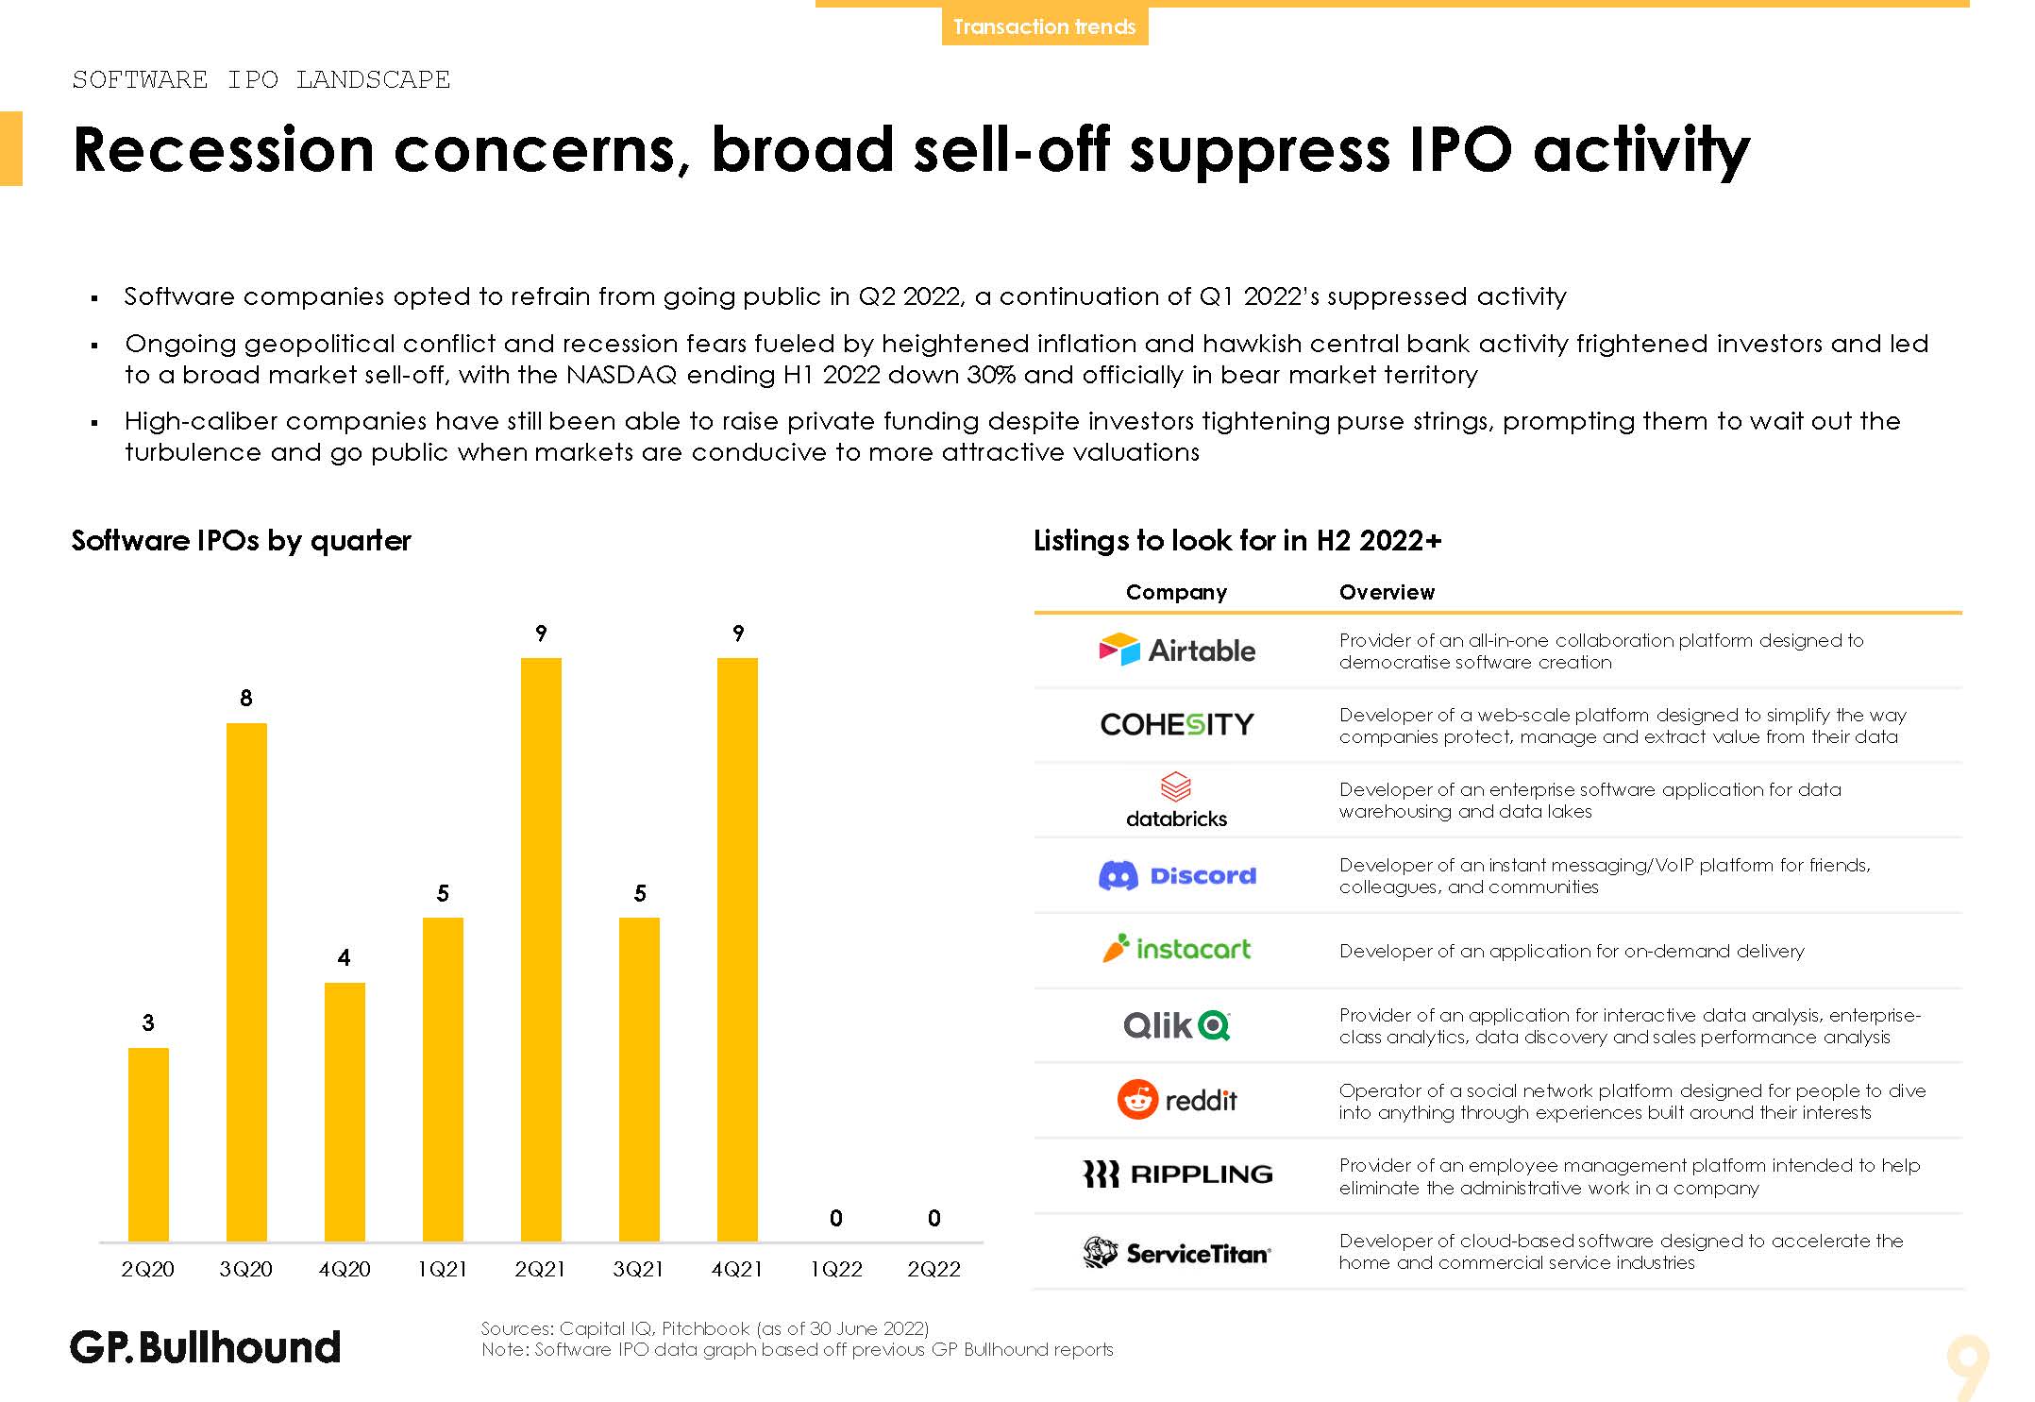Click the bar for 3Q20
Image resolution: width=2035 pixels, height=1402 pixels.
click(x=246, y=982)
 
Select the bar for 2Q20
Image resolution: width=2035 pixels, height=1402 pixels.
click(x=148, y=1144)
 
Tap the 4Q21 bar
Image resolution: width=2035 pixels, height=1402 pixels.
click(x=737, y=949)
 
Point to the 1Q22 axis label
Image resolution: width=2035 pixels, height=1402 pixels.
click(x=836, y=1269)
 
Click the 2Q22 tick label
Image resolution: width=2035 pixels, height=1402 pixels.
click(x=933, y=1269)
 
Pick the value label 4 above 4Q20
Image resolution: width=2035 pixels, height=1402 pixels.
click(x=345, y=958)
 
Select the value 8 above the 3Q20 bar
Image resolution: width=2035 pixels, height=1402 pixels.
click(x=246, y=698)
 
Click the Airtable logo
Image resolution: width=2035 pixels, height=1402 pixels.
click(x=1177, y=650)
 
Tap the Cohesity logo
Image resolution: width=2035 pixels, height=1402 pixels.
click(x=1177, y=724)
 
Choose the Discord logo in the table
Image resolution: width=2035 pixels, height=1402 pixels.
click(x=1177, y=875)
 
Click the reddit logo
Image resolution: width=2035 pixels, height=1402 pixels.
click(x=1177, y=1100)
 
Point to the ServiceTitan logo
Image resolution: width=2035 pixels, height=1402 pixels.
click(x=1177, y=1253)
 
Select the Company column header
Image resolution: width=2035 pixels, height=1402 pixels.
click(x=1176, y=592)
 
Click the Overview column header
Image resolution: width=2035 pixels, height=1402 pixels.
click(x=1387, y=592)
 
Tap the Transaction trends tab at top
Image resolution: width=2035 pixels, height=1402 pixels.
click(x=1044, y=26)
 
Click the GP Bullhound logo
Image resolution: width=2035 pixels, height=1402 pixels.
click(x=205, y=1347)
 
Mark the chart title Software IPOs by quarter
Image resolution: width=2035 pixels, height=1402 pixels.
click(x=241, y=540)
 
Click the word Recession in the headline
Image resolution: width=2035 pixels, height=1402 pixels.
click(x=224, y=150)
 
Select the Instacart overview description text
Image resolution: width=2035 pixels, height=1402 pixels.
click(x=1572, y=951)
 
